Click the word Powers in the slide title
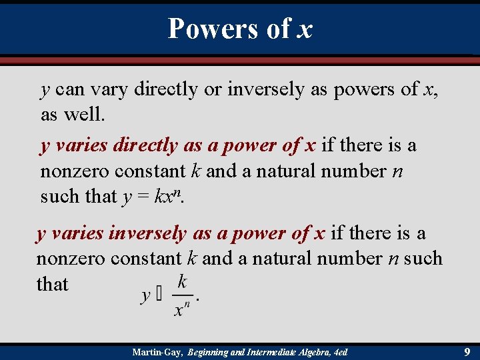210,29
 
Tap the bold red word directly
145,145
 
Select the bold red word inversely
150,233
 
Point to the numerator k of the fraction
181,281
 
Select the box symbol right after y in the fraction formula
159,295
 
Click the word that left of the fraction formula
52,285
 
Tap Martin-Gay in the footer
157,351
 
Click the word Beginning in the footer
214,351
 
